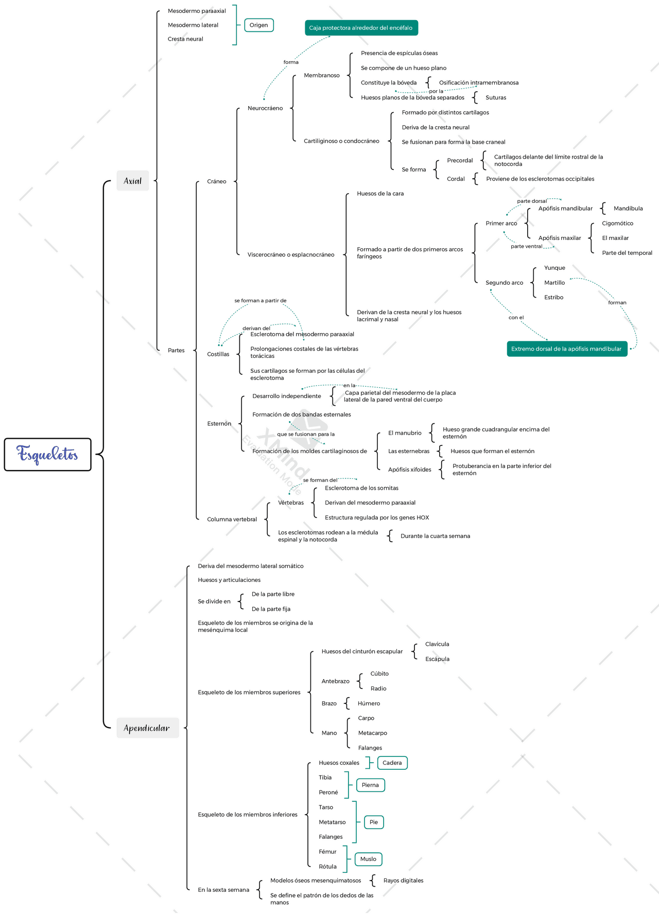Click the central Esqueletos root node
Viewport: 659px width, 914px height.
(x=47, y=454)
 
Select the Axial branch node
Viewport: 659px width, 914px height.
(x=132, y=181)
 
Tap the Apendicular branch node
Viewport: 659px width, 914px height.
(x=147, y=728)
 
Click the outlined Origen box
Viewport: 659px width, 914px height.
(x=258, y=25)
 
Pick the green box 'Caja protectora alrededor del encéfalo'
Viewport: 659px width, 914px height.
(x=361, y=28)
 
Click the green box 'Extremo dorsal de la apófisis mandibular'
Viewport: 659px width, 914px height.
(x=566, y=349)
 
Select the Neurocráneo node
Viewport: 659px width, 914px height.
(x=265, y=108)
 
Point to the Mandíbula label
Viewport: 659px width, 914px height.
(x=628, y=209)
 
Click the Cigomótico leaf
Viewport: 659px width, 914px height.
(x=617, y=223)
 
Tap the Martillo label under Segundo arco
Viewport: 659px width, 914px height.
(x=554, y=283)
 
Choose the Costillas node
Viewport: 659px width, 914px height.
(x=218, y=354)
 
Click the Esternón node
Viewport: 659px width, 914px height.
(x=219, y=424)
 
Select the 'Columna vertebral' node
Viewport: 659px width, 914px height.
(x=232, y=520)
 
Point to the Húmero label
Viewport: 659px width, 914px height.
(x=369, y=703)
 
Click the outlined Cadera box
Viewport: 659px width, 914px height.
(x=392, y=763)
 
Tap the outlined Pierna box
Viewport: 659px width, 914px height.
(x=370, y=785)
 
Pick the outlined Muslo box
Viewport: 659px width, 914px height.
(x=368, y=859)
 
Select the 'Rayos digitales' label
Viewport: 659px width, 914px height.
(x=403, y=881)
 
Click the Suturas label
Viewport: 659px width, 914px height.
(x=496, y=98)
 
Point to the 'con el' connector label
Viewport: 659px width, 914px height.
(x=516, y=318)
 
